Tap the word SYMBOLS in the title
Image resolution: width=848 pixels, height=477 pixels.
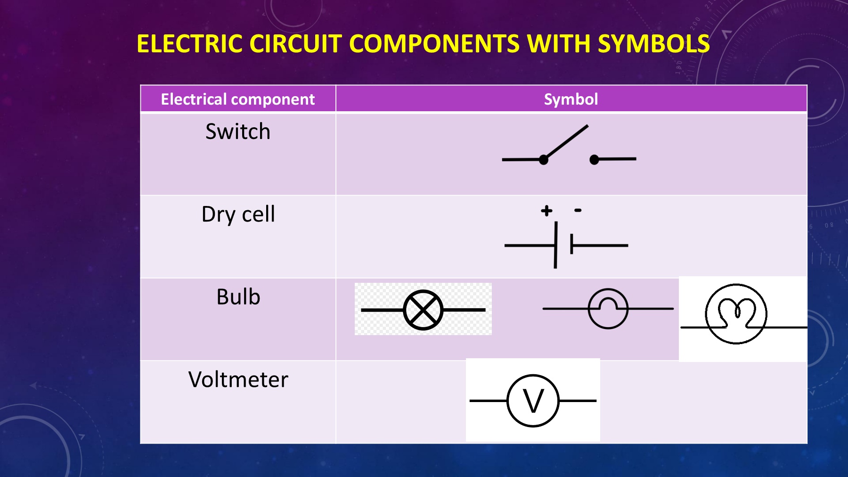coord(653,44)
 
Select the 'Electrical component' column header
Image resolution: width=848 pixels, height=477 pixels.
coord(238,99)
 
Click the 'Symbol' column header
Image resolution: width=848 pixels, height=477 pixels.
coord(571,99)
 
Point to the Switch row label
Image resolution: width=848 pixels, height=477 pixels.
coord(238,132)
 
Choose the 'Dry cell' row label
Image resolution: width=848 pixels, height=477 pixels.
coord(238,214)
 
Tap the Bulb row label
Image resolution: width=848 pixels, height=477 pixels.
coord(238,297)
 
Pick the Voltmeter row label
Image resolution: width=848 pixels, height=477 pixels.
coord(238,380)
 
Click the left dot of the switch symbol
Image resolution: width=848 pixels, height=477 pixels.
coord(544,160)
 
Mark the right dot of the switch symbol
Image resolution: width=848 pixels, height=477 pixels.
coord(595,160)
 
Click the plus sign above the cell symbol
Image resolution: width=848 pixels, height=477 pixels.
coord(546,211)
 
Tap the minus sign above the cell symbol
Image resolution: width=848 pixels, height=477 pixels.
coord(578,210)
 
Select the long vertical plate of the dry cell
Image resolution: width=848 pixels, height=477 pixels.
coord(556,245)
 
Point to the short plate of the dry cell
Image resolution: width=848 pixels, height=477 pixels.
coord(571,245)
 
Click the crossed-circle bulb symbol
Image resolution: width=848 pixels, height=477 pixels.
coord(423,310)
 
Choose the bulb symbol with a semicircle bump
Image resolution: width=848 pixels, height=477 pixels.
coord(608,309)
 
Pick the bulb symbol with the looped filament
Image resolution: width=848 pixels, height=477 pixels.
coord(736,314)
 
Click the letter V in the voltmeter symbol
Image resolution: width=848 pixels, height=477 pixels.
coord(533,402)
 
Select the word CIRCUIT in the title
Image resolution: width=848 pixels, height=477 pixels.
coord(295,44)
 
